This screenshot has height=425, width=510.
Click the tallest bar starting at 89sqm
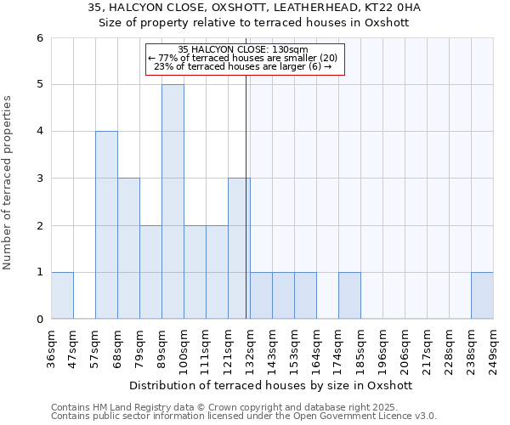[173, 201]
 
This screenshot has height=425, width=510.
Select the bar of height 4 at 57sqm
[106, 225]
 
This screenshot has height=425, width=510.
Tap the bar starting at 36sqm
[62, 296]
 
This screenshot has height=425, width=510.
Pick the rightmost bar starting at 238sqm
[482, 296]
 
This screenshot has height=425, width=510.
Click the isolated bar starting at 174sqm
[349, 296]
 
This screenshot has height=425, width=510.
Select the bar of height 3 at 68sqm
[128, 248]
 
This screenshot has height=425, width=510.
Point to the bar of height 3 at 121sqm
[239, 248]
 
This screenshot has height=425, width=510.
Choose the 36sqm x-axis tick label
[52, 348]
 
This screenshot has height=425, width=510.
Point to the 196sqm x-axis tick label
[383, 348]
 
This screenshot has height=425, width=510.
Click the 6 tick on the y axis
[39, 37]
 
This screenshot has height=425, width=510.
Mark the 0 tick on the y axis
[39, 320]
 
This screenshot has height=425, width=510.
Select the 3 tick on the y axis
[39, 178]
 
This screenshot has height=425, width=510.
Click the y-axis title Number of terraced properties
[8, 183]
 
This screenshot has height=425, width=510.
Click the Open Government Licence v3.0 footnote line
[244, 416]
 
